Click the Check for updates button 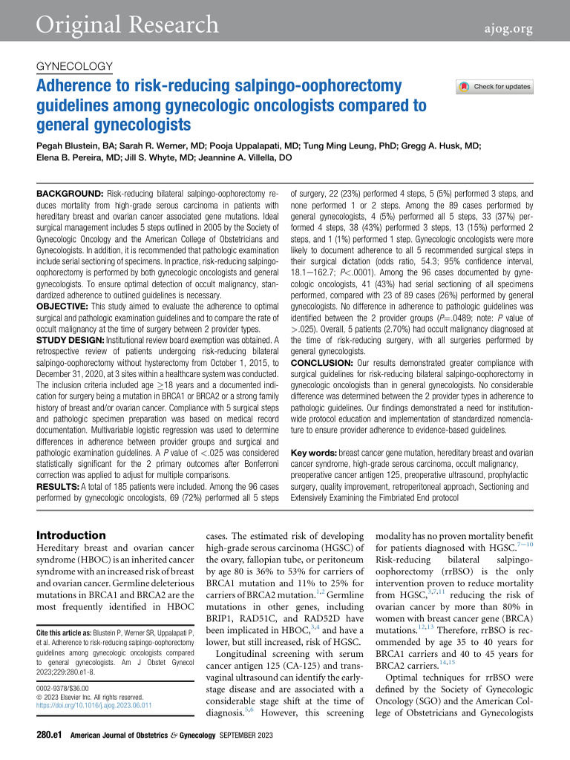tap(495, 87)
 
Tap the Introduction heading tap(71, 535)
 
